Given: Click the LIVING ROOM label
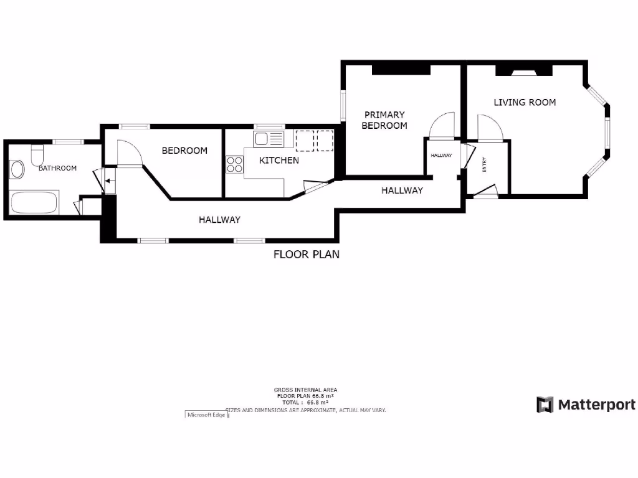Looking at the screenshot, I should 525,102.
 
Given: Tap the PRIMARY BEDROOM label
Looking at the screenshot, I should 385,120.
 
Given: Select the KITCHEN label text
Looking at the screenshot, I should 279,160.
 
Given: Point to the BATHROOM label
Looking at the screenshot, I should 57,168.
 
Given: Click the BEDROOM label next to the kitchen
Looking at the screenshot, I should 184,151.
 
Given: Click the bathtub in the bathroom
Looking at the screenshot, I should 34,202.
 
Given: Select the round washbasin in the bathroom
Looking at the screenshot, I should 16,169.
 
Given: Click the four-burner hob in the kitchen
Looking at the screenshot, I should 235,164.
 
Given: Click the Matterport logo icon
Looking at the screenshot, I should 545,405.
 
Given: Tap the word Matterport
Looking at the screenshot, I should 596,405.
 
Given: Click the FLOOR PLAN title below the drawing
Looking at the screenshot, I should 307,254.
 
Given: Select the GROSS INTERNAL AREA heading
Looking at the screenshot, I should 305,390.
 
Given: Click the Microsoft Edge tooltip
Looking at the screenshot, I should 207,415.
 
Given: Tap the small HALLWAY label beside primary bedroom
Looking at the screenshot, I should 440,156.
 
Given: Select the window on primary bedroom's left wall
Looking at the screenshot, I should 342,106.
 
